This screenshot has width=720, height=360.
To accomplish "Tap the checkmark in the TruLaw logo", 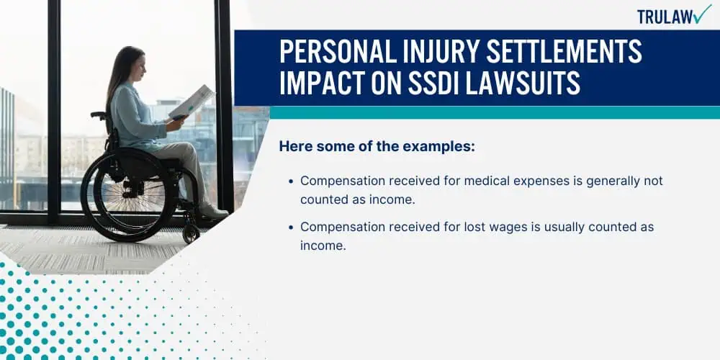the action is click(x=703, y=13).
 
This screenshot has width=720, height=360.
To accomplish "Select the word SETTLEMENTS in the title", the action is click(x=564, y=51).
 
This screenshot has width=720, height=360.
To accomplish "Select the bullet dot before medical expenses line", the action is click(x=291, y=181).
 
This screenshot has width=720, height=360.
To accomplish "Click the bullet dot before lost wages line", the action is click(x=291, y=228).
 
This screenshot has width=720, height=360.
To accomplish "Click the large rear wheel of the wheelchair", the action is click(x=129, y=196).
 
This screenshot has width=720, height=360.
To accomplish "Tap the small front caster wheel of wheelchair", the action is click(x=191, y=234).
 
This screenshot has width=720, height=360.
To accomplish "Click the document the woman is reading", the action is click(x=192, y=102).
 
